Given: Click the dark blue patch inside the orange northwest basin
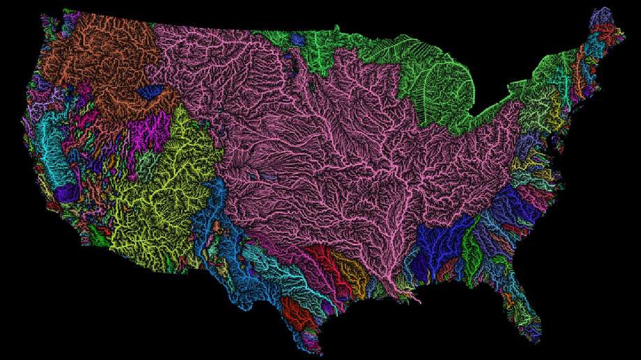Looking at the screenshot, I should (x=150, y=91).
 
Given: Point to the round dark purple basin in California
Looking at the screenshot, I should (x=67, y=193).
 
